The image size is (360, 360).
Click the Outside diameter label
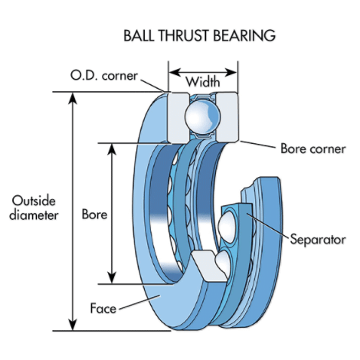click(x=33, y=208)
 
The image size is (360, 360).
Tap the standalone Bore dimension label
click(x=93, y=214)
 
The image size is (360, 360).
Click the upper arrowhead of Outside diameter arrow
click(x=73, y=97)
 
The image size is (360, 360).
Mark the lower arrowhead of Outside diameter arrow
click(x=73, y=326)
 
